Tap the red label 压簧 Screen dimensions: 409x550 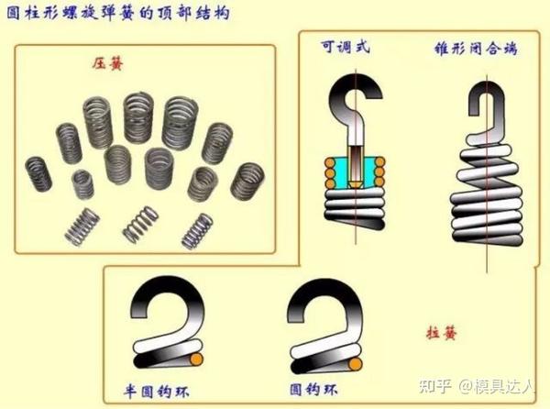(108, 64)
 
